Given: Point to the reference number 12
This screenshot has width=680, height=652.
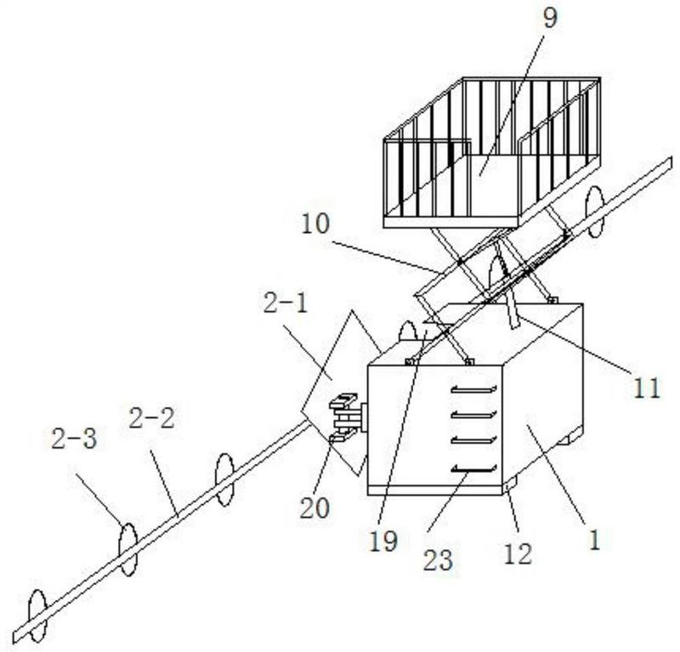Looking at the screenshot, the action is click(518, 553).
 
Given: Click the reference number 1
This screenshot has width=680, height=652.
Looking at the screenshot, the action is click(595, 539).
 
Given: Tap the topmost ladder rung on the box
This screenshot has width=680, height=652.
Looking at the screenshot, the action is click(472, 388).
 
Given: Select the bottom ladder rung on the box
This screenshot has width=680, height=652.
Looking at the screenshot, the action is click(472, 468).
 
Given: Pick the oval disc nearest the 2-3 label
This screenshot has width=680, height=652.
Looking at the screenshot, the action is click(127, 549).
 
